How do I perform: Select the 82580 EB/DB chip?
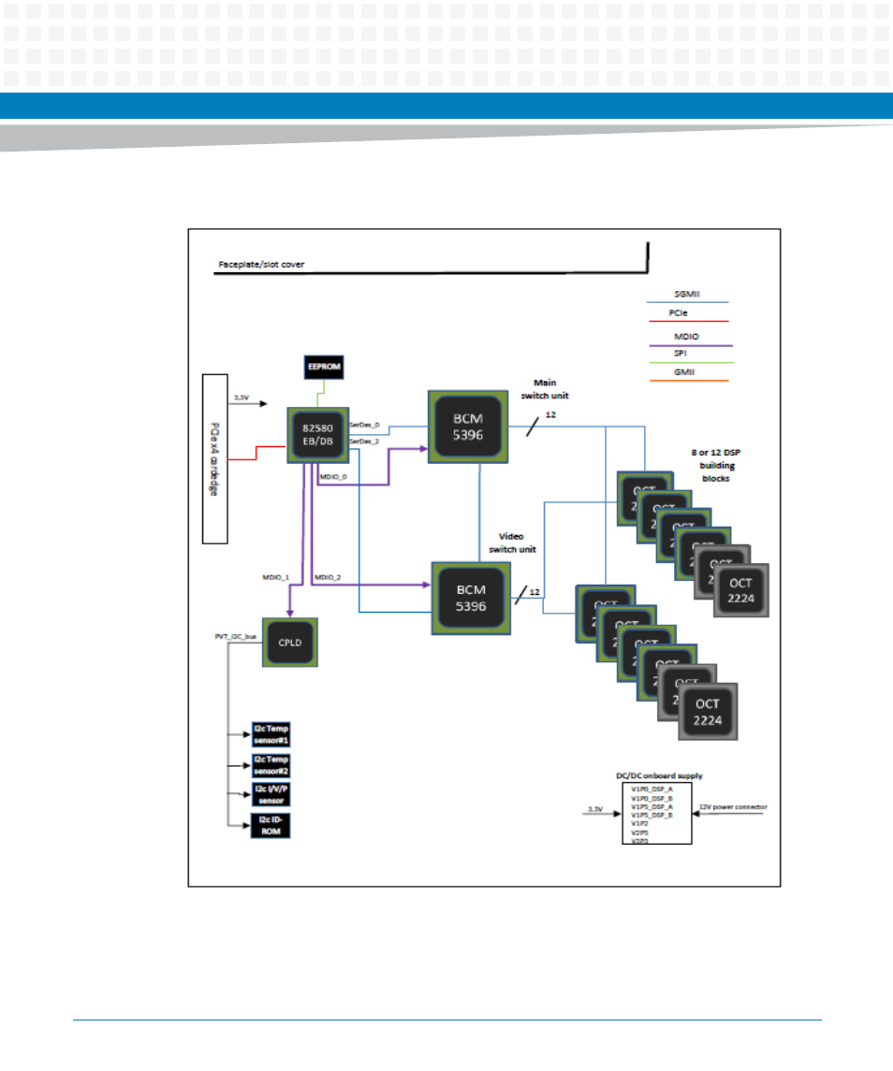point(317,434)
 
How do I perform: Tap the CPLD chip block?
point(289,642)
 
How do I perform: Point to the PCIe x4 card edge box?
point(215,458)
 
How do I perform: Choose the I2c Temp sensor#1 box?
point(271,734)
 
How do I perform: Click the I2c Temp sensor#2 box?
point(271,765)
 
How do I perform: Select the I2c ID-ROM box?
point(271,826)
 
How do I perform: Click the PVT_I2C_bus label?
point(235,635)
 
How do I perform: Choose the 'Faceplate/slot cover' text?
point(261,265)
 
